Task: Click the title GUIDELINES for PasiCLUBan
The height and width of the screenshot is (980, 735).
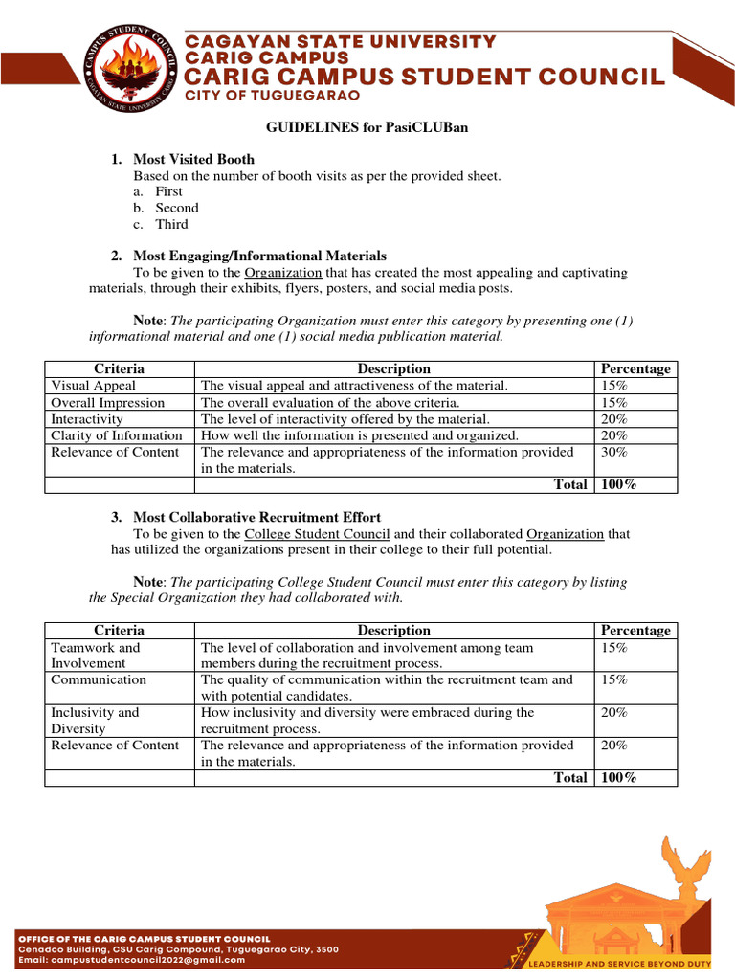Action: click(x=367, y=127)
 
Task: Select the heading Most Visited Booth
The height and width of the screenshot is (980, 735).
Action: click(x=193, y=159)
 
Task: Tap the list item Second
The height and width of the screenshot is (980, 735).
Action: click(x=177, y=208)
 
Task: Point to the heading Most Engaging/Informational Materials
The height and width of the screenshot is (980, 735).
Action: click(x=259, y=256)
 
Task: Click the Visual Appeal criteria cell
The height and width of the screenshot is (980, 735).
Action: click(x=93, y=386)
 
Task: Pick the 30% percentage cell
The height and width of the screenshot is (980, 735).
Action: click(x=612, y=452)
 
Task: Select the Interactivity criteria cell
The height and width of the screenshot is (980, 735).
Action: click(x=87, y=419)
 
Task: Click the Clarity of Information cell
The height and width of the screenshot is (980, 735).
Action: click(x=116, y=435)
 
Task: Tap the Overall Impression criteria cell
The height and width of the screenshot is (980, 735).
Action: click(x=107, y=403)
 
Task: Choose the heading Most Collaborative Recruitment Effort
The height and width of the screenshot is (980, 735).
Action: click(x=256, y=517)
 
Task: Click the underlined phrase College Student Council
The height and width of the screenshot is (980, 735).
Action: click(x=317, y=534)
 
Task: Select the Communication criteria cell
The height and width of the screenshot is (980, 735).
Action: click(x=99, y=679)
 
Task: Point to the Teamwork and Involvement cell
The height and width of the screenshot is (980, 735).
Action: click(x=96, y=656)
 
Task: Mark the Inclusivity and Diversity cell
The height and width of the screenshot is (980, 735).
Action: click(x=95, y=721)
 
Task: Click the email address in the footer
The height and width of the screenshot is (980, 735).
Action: click(x=132, y=960)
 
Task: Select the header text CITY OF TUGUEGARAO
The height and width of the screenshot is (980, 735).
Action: click(x=259, y=97)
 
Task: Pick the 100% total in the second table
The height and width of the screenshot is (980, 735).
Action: click(x=617, y=778)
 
